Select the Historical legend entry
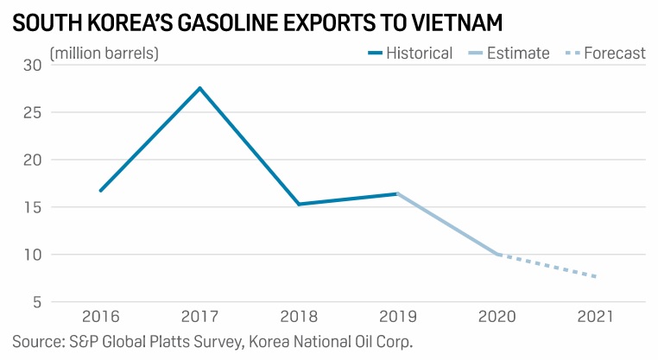click(409, 54)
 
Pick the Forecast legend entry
click(604, 54)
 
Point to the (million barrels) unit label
click(104, 54)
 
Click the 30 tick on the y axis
click(33, 66)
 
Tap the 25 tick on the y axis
click(33, 112)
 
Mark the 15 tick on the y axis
click(33, 207)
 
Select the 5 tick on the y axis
click(37, 302)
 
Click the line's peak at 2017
click(199, 88)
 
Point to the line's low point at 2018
click(298, 204)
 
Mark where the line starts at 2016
click(101, 191)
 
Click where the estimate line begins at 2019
click(397, 193)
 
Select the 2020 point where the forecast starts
click(497, 254)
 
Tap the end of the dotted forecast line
click(594, 276)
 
